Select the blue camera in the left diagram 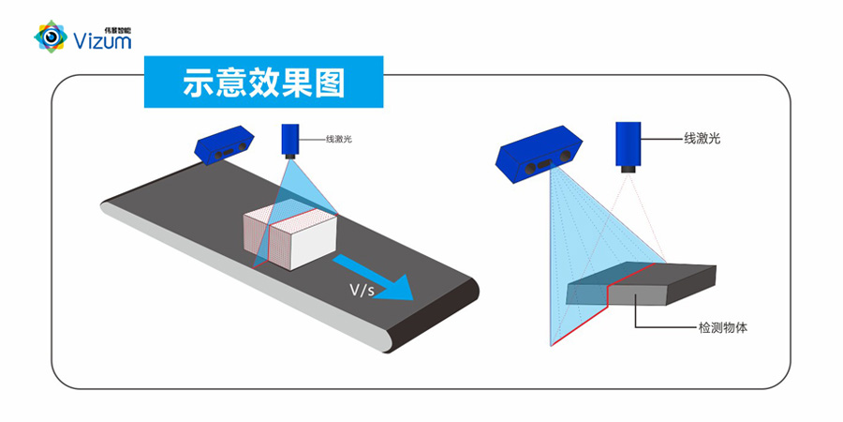(x=225, y=143)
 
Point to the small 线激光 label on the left (x=338, y=140)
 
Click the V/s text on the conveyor (x=362, y=291)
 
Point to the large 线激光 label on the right (x=702, y=139)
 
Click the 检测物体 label (x=722, y=328)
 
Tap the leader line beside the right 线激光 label (x=665, y=140)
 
